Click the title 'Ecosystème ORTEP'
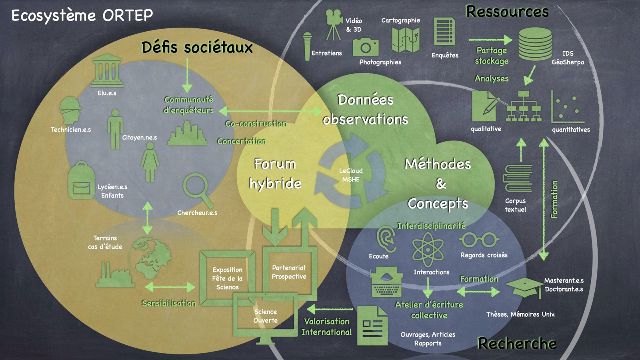point(82,16)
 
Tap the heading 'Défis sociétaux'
point(197,47)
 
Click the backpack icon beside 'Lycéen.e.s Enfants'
point(81,181)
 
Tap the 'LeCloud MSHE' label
point(351,175)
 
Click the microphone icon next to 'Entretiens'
point(307,46)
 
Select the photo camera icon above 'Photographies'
point(366,47)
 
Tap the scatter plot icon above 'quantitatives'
point(568,107)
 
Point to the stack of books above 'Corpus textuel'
point(518,178)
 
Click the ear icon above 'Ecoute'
point(386,239)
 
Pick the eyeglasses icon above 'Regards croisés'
point(479,240)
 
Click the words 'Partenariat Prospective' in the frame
point(289,272)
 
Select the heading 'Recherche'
point(517,343)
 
